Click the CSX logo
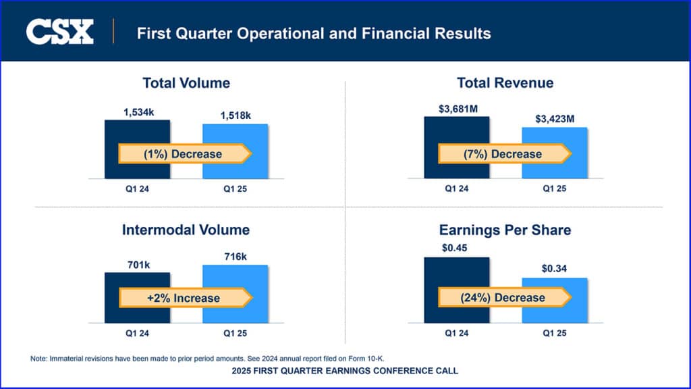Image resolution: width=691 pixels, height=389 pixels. [59, 32]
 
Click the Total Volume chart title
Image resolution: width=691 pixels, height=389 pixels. [186, 83]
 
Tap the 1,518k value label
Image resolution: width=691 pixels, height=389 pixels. [236, 115]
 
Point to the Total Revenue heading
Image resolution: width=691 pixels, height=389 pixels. [505, 83]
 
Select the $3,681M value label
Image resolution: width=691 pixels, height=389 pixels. [457, 109]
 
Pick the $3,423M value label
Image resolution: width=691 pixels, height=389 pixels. [555, 119]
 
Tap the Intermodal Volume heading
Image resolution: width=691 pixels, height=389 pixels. [186, 230]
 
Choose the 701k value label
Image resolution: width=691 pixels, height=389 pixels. [138, 264]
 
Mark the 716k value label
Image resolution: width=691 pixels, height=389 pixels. [236, 256]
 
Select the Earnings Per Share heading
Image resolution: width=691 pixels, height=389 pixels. [505, 230]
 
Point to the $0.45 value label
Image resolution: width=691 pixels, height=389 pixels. [457, 249]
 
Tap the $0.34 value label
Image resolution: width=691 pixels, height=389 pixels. [555, 269]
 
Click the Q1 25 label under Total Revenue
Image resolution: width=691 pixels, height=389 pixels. [555, 188]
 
